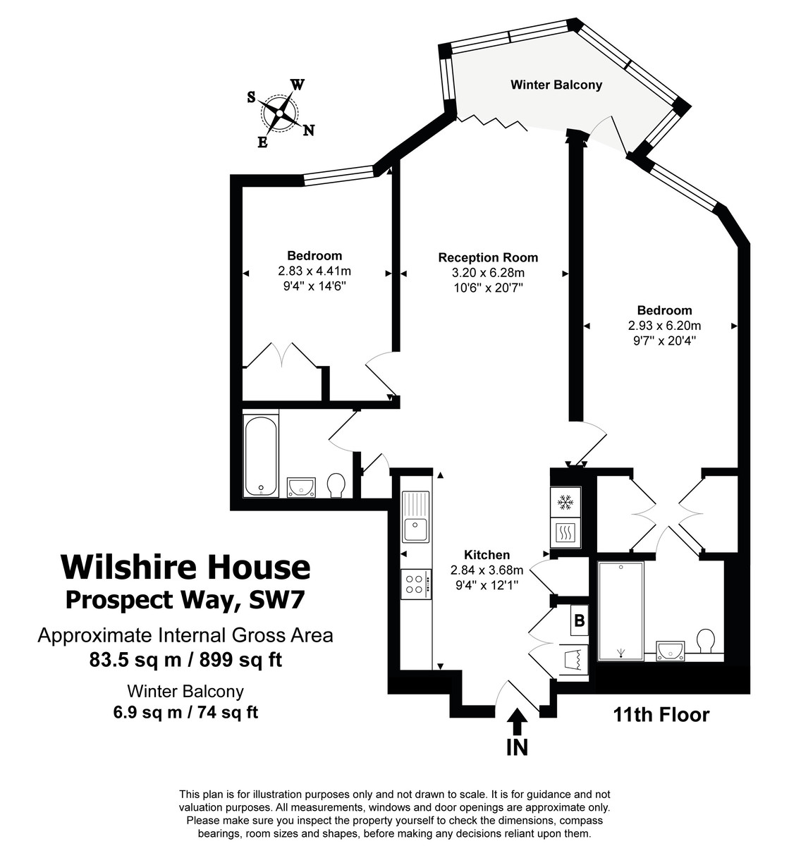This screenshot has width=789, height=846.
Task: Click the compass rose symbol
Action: pos(280,113)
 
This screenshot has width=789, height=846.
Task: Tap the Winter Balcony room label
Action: pos(556,85)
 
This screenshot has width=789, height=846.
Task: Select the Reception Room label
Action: pos(488,257)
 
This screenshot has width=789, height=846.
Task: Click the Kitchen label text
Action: pos(487,555)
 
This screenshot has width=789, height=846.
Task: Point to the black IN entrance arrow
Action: pos(517,723)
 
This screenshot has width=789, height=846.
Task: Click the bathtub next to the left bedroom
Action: pos(261,455)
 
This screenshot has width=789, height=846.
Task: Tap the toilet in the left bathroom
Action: pos(336,484)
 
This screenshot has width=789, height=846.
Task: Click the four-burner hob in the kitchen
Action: pos(415,584)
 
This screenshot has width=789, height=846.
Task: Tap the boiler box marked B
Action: pos(580,621)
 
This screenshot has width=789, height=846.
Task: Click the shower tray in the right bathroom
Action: pos(620,611)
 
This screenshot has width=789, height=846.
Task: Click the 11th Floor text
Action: pos(661,715)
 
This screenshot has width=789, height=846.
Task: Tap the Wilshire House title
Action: pos(185,567)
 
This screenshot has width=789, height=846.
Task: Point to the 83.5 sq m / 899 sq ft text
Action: pos(185,660)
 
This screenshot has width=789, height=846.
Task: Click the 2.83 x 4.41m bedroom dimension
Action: pos(314,271)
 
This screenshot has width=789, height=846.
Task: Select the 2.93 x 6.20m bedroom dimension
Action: pos(664,326)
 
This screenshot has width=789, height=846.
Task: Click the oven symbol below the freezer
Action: pos(565,533)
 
